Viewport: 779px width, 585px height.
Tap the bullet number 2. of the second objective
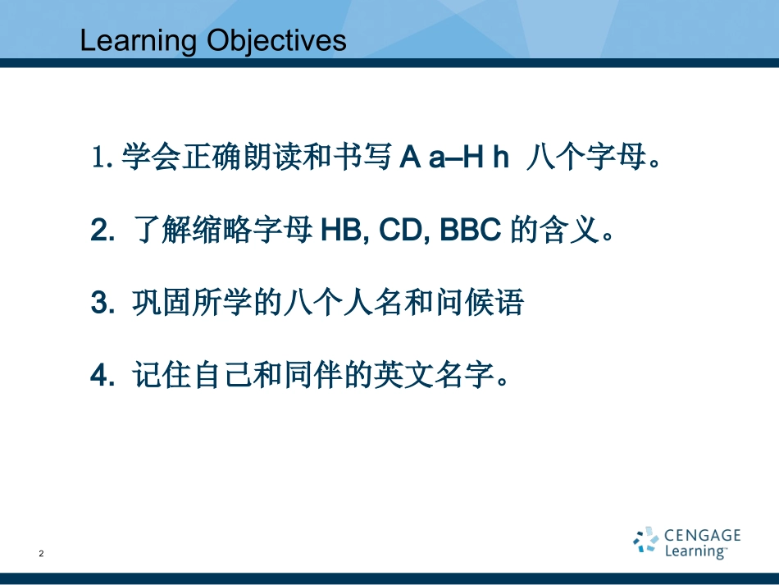[x=102, y=231]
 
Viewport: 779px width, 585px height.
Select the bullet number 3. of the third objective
[x=102, y=304]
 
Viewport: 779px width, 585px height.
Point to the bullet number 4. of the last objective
[x=102, y=376]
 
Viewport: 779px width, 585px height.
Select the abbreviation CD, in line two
[x=403, y=231]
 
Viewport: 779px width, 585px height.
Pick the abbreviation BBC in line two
[x=471, y=231]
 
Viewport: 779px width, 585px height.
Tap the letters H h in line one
[x=486, y=158]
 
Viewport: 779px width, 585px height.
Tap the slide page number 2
[x=42, y=555]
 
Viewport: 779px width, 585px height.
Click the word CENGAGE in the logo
[x=702, y=536]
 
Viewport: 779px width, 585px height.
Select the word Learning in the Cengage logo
[x=695, y=551]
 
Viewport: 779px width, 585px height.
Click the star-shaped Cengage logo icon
[x=645, y=541]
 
